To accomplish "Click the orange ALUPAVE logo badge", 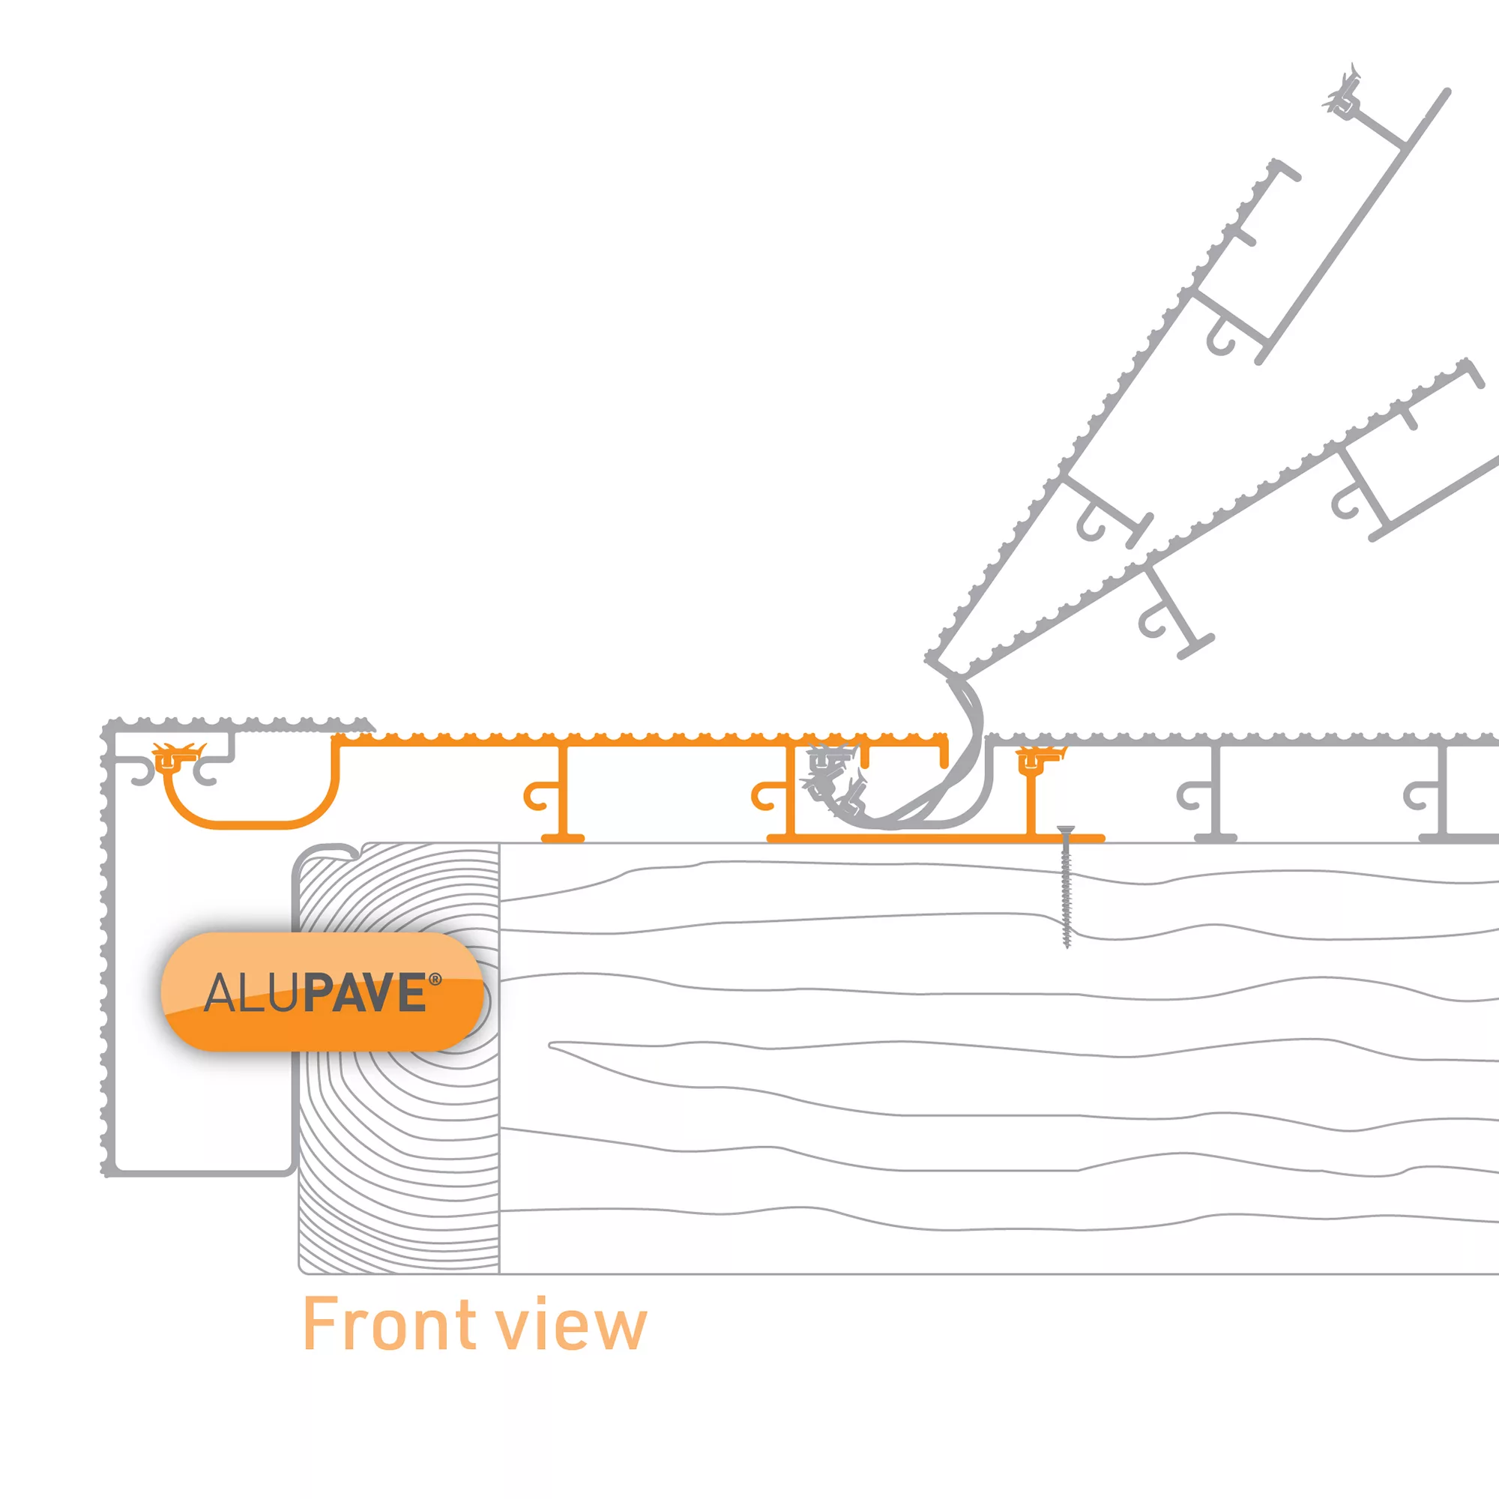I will pyautogui.click(x=322, y=992).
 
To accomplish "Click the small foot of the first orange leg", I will pyautogui.click(x=563, y=838).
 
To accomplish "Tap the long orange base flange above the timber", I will pyautogui.click(x=931, y=838).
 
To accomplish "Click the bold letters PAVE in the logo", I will pyautogui.click(x=365, y=993).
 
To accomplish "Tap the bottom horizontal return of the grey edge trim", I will pyautogui.click(x=198, y=1171).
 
